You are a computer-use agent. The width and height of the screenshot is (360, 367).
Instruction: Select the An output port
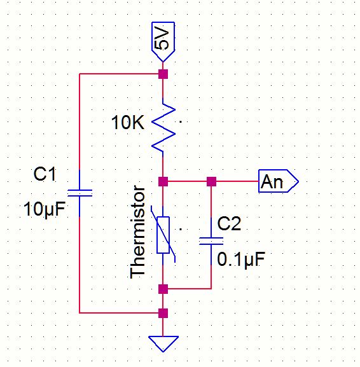click(x=278, y=181)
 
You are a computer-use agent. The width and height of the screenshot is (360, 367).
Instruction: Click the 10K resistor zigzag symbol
click(x=163, y=128)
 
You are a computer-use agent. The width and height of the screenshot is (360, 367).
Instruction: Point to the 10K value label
click(x=128, y=122)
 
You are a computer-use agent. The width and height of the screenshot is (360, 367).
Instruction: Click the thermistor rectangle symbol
click(x=163, y=235)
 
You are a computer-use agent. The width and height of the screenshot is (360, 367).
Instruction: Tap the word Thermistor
click(x=137, y=232)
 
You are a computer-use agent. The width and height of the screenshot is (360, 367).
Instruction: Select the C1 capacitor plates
click(x=80, y=193)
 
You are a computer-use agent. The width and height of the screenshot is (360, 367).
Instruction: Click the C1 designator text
click(x=45, y=174)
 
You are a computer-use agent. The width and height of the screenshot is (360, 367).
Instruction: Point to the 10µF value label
click(x=45, y=209)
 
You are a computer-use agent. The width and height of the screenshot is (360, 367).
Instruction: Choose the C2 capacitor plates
click(x=211, y=241)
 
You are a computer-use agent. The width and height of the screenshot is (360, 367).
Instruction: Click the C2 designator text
click(x=229, y=223)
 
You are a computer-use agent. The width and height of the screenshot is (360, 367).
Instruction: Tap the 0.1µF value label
click(x=241, y=259)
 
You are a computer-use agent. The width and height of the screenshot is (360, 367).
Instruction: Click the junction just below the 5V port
click(x=163, y=74)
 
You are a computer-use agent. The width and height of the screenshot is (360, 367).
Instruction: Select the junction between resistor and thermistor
click(x=163, y=181)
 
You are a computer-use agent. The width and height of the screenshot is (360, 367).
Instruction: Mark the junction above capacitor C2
click(x=211, y=181)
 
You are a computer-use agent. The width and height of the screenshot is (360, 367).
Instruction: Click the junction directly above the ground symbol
click(x=163, y=313)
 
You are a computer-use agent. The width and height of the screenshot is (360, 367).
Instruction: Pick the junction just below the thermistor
click(x=163, y=289)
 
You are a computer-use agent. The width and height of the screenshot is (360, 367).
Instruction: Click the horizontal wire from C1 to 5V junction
click(x=119, y=74)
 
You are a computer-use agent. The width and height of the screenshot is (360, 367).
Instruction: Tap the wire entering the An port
click(x=237, y=181)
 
